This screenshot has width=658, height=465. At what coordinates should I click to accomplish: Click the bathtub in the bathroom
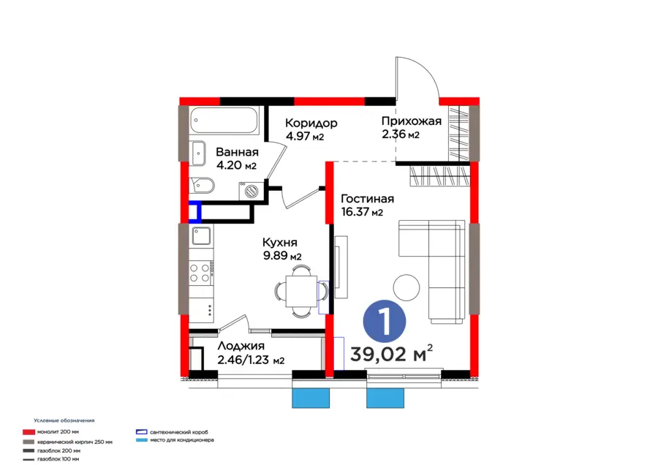[x=224, y=120]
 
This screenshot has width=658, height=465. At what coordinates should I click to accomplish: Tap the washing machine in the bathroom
[x=251, y=191]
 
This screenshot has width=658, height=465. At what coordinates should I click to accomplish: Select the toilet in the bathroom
[x=202, y=186]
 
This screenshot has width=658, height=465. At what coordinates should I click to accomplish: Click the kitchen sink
[x=202, y=236]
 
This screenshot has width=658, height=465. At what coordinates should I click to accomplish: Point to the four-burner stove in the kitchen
[x=201, y=272]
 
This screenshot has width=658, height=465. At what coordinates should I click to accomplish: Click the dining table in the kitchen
[x=301, y=291]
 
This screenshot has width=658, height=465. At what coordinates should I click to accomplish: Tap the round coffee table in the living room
[x=406, y=287]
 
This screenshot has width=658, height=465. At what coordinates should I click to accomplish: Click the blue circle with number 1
[x=385, y=321]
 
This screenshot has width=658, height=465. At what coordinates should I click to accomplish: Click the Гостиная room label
[x=367, y=199]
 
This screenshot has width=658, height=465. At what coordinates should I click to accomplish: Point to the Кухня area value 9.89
[x=276, y=255]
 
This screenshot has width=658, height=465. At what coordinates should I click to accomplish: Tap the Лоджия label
[x=241, y=346]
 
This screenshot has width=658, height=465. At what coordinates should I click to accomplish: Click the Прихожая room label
[x=411, y=121]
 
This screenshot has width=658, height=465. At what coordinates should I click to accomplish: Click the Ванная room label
[x=237, y=152]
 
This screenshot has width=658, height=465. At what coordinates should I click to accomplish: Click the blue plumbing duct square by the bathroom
[x=194, y=212]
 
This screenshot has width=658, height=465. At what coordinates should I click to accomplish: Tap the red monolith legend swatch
[x=29, y=432]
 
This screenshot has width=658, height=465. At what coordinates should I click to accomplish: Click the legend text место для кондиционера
[x=182, y=440]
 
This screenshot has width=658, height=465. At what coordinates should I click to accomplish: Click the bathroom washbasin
[x=197, y=154]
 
